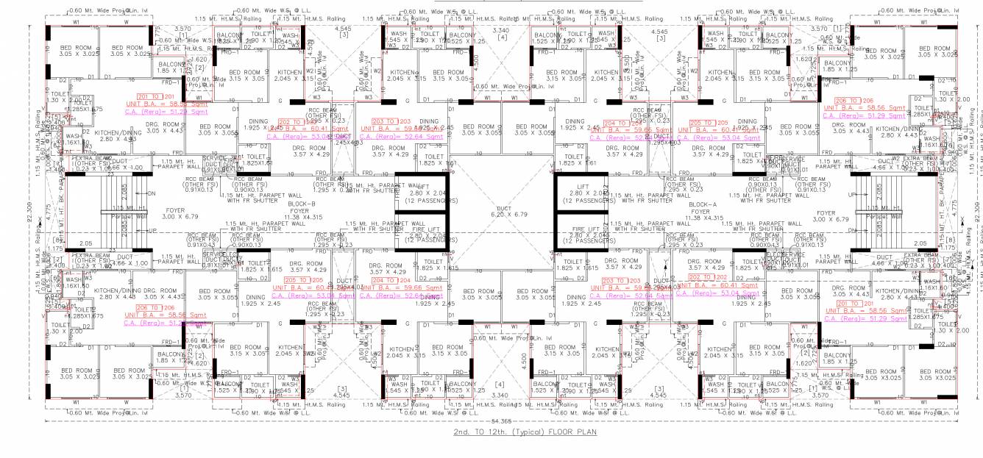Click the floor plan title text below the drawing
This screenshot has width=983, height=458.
pyautogui.click(x=491, y=432)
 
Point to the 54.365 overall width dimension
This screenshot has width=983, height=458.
pyautogui.click(x=492, y=420)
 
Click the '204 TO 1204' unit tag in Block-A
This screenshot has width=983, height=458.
pyautogui.click(x=618, y=123)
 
